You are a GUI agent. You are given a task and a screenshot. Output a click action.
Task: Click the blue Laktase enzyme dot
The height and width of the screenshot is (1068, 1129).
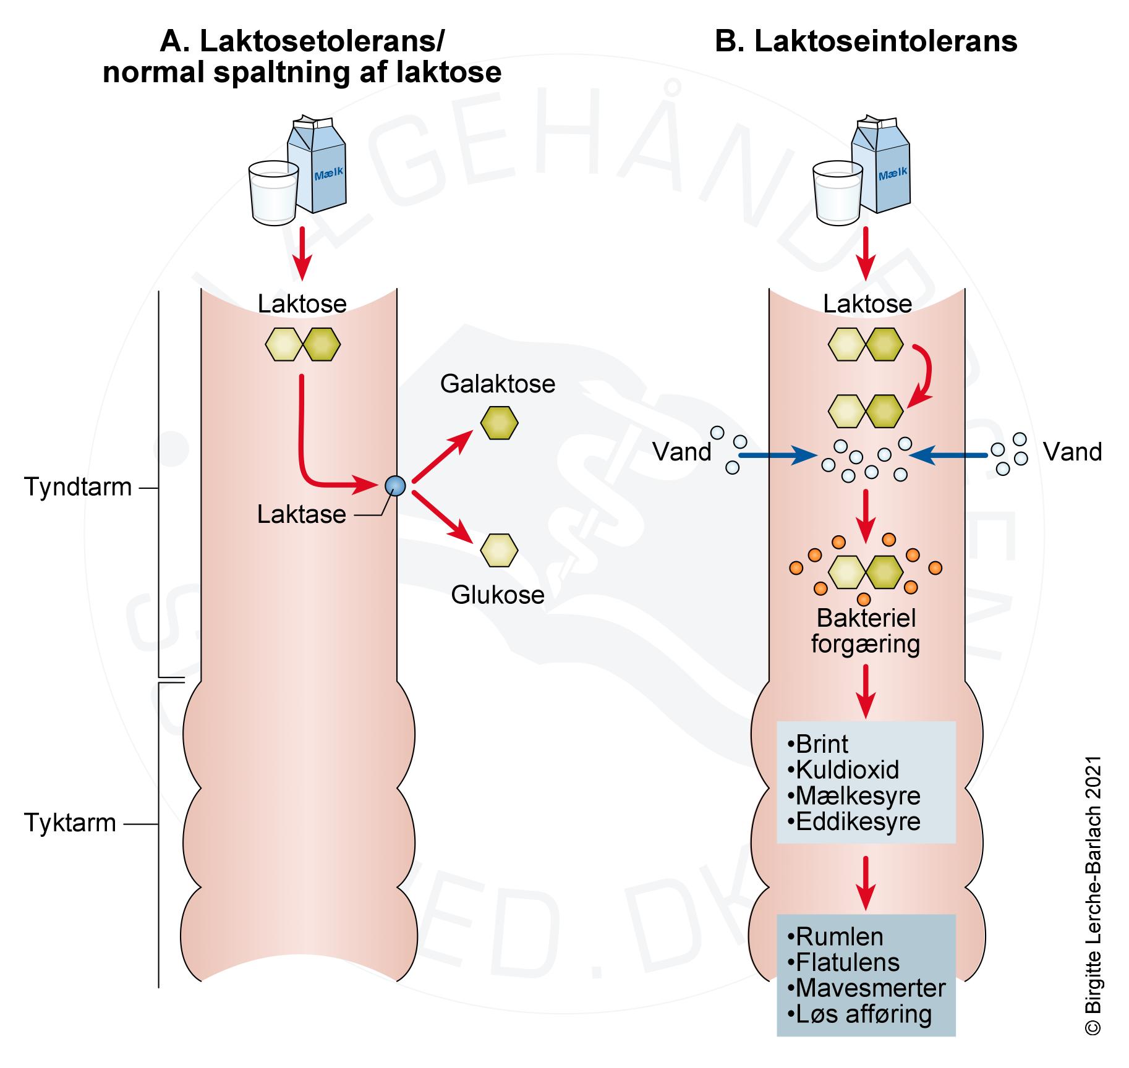click(x=394, y=486)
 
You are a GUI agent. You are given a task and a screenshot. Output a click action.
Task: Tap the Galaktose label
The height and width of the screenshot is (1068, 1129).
click(x=498, y=384)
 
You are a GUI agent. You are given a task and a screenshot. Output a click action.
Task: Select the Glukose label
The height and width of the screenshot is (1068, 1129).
click(x=498, y=595)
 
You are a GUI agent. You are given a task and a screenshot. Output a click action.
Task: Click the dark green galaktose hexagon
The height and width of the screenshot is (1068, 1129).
click(x=499, y=423)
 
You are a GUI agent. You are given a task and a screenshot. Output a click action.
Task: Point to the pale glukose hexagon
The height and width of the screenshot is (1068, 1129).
click(x=499, y=550)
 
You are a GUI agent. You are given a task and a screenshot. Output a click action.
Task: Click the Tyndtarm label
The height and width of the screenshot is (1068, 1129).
click(x=78, y=487)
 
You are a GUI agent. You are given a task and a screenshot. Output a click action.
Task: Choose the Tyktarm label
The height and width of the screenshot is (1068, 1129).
click(x=70, y=823)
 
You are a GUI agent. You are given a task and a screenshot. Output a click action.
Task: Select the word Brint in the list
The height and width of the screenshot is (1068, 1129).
click(x=822, y=744)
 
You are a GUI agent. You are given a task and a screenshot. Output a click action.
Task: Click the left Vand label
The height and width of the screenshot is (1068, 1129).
click(x=682, y=452)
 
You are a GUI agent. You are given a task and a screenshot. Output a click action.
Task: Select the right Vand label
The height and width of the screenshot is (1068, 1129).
click(x=1072, y=452)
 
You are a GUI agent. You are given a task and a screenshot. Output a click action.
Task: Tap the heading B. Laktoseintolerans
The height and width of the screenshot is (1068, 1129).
click(x=866, y=42)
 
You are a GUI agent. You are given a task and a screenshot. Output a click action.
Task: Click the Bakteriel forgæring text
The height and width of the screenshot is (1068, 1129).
click(x=865, y=631)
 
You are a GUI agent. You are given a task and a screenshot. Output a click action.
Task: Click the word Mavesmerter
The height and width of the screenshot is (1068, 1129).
click(x=870, y=988)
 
